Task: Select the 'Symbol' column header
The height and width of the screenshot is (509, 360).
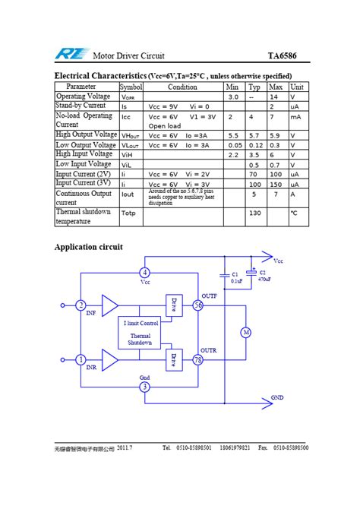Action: (131, 87)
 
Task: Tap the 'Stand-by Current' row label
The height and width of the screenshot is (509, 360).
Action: (81, 106)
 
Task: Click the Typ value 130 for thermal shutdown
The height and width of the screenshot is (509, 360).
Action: (255, 213)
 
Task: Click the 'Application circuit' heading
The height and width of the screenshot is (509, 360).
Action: (88, 247)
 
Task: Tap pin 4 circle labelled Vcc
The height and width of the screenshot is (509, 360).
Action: (145, 273)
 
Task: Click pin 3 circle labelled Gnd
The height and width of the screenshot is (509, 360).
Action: (145, 387)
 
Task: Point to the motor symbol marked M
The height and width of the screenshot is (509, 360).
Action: (245, 333)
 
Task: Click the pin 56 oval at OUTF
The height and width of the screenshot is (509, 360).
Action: (198, 305)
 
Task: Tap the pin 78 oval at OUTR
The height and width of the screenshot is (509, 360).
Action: (198, 359)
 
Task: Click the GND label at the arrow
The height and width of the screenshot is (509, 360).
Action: (277, 397)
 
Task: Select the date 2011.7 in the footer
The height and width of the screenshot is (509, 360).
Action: (125, 448)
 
